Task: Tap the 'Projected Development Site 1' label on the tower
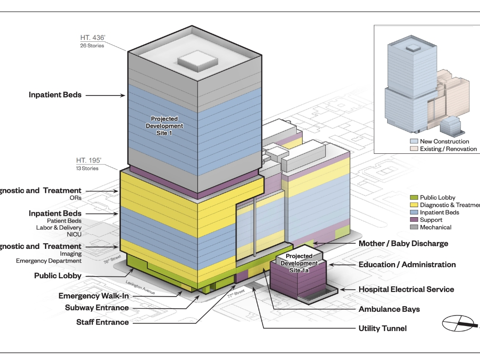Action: coord(164,125)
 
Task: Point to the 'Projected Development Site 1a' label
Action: coord(299,263)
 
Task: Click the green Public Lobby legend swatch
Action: coord(413,197)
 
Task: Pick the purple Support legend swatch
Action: coord(413,220)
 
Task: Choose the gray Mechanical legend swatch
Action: coord(413,227)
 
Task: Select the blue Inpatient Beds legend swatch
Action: coord(413,213)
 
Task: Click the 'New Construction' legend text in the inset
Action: coord(444,141)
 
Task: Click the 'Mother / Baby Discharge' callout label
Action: coord(403,243)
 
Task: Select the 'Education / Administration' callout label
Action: coord(407,264)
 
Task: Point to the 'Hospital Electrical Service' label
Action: coord(406,289)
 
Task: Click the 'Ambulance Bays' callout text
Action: coord(389,309)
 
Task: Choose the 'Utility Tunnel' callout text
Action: coord(382,328)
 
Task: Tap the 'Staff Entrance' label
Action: coord(102,322)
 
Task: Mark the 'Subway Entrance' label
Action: coord(96,308)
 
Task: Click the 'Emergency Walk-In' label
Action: coord(93,296)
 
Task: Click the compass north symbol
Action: coord(458,324)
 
